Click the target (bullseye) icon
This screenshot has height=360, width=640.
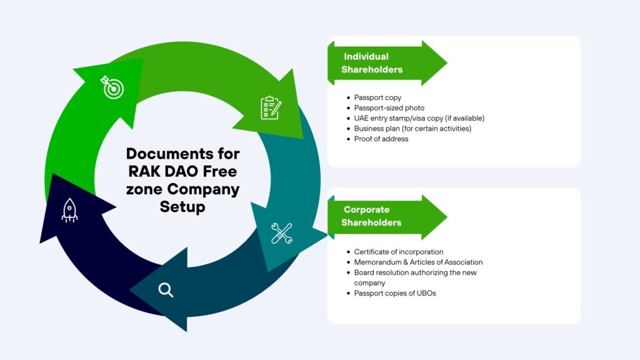[113, 88]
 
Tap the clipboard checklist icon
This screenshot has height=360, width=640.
[271, 107]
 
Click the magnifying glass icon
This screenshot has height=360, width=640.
[166, 289]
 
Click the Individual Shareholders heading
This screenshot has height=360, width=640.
[371, 63]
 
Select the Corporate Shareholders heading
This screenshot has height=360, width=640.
[372, 216]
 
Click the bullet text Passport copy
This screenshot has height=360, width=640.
[377, 97]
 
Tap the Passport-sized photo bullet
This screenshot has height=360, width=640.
[389, 108]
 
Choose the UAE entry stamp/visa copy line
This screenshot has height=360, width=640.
[419, 118]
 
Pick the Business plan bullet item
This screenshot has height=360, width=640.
[412, 129]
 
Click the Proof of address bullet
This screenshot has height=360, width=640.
[381, 139]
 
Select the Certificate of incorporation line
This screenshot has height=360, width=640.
[398, 252]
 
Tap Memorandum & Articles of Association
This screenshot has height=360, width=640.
[418, 262]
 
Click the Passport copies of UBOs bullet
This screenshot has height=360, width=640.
[394, 293]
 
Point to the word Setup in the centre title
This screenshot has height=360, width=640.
[182, 206]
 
